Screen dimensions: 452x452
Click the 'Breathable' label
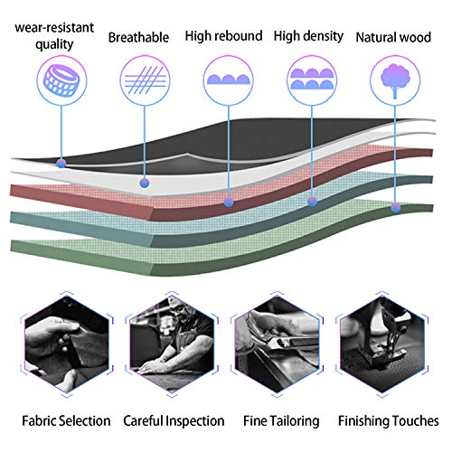click(138, 38)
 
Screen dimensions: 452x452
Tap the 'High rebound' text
click(223, 36)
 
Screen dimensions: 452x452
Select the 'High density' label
click(308, 36)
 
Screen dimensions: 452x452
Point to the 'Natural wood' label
click(393, 37)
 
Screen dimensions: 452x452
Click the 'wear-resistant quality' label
click(54, 35)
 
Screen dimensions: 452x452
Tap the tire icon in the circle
click(61, 80)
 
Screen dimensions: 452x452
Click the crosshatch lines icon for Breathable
click(145, 80)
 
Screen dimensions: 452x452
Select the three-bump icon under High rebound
click(228, 80)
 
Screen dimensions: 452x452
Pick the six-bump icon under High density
click(312, 80)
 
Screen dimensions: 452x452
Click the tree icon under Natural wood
click(395, 80)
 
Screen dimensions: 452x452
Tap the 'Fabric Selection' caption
click(66, 420)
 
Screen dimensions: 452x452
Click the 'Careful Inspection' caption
click(174, 421)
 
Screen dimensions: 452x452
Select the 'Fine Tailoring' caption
click(281, 421)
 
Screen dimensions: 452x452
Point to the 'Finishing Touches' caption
click(389, 421)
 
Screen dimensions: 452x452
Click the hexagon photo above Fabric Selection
click(67, 344)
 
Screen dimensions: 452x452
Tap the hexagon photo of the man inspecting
click(172, 344)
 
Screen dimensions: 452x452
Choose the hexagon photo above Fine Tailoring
click(277, 344)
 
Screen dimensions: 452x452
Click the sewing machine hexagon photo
click(382, 344)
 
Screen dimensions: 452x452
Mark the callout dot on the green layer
click(396, 207)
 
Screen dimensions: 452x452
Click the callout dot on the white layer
click(145, 183)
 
